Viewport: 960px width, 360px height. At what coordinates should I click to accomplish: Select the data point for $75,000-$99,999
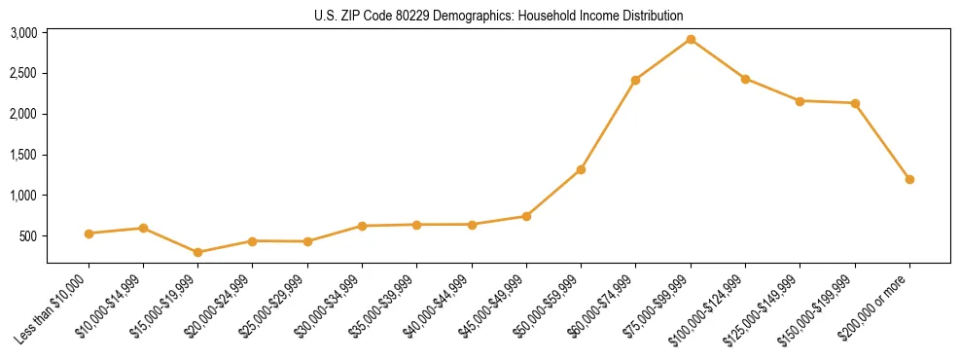(691, 39)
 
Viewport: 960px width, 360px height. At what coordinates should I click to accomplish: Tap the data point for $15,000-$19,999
(198, 252)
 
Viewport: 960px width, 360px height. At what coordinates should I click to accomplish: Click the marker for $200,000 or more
(909, 179)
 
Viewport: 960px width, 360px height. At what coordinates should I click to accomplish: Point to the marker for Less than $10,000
(89, 234)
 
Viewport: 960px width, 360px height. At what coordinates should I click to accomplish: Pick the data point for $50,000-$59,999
(581, 169)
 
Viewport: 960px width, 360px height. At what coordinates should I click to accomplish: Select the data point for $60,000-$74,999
(635, 80)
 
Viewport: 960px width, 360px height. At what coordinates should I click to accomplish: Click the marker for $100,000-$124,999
(745, 79)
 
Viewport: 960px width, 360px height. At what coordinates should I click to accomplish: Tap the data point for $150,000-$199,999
(855, 103)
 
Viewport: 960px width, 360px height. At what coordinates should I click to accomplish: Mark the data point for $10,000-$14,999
(143, 228)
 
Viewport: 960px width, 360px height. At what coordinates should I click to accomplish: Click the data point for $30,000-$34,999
(362, 226)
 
